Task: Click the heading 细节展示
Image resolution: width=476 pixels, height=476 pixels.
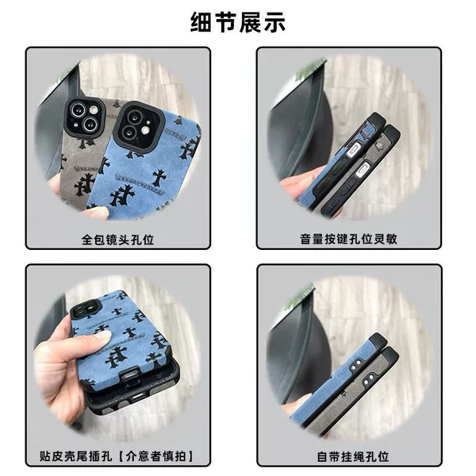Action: [x=238, y=22]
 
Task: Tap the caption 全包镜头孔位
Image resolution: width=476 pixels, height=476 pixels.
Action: [x=117, y=240]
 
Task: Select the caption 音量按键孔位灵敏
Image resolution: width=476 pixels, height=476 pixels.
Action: [x=348, y=239]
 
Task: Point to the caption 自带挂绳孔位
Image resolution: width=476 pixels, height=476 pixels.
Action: [x=353, y=457]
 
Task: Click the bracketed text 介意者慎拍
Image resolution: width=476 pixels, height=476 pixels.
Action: [x=155, y=456]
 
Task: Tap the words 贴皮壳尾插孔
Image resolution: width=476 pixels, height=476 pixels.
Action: [x=75, y=456]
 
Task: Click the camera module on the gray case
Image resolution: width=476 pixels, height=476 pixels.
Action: [x=83, y=117]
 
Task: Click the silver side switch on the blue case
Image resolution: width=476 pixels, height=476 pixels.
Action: [x=354, y=150]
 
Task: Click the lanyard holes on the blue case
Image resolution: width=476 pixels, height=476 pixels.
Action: [x=355, y=365]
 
